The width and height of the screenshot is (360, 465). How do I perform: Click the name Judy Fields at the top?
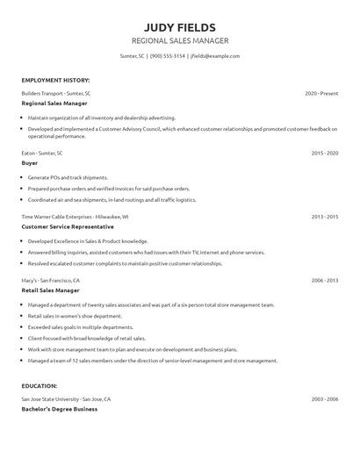pos(179,26)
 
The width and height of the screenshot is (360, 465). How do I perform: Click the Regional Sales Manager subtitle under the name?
pos(179,40)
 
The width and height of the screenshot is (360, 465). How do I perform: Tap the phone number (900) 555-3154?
pos(167,55)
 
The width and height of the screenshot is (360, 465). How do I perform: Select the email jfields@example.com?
pos(214,55)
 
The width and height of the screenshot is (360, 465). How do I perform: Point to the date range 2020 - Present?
pos(321,93)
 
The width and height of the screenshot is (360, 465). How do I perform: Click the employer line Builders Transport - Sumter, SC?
pos(56,93)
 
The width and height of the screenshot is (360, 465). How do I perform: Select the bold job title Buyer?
pos(30,162)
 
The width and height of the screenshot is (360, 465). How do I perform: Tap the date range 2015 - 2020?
pos(325,153)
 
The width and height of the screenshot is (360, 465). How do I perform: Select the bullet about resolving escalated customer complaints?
pos(125,262)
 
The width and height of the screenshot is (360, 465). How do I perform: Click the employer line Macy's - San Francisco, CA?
pos(51,280)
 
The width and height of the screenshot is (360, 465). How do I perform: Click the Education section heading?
pos(40,385)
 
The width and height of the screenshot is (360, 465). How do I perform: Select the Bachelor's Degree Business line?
pos(59,408)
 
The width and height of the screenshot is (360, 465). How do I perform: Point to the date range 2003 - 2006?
pos(325,398)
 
